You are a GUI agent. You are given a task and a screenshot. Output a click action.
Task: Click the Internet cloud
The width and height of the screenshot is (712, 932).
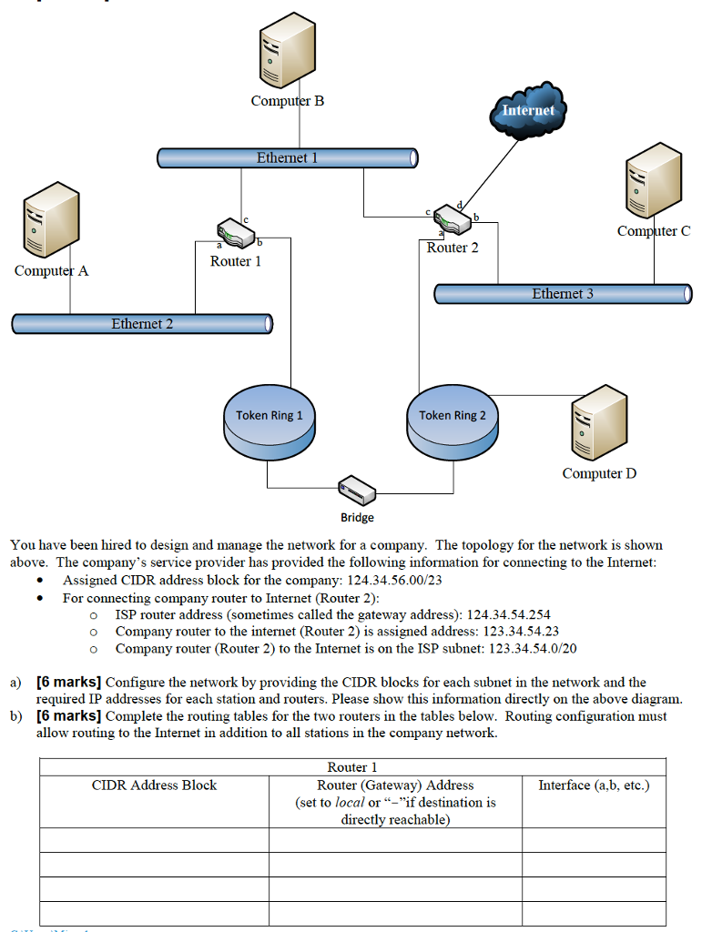[x=528, y=110]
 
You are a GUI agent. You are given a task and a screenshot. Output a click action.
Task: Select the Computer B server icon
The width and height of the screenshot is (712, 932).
[x=286, y=54]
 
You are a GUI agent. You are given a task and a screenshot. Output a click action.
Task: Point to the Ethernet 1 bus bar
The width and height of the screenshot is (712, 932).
[x=287, y=158]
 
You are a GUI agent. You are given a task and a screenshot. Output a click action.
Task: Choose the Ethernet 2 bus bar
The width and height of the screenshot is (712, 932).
[x=142, y=324]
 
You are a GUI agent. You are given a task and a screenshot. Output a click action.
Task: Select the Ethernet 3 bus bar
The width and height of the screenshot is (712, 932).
[x=563, y=294]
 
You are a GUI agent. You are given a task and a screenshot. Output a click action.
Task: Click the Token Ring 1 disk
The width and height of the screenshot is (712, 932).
[x=270, y=422]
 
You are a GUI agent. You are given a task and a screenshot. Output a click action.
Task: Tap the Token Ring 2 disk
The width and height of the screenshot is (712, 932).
[x=453, y=422]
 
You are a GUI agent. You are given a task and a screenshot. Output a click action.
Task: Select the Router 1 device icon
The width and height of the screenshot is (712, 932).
[x=236, y=234]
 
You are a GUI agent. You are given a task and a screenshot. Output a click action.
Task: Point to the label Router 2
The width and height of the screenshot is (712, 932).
[x=453, y=248]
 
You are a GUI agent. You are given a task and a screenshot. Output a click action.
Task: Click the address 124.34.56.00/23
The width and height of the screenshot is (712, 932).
[x=395, y=581]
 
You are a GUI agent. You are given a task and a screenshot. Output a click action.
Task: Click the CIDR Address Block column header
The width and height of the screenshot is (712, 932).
[x=154, y=785]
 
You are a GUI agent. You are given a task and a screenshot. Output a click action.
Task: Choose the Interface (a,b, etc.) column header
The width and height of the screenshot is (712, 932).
[x=594, y=785]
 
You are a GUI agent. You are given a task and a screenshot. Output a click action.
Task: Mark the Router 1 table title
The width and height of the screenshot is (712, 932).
[x=351, y=767]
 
